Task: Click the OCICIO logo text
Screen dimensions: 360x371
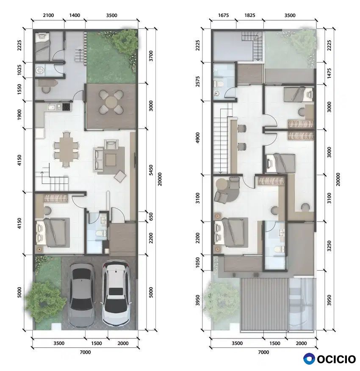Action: (336, 359)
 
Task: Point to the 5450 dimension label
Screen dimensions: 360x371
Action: (151, 170)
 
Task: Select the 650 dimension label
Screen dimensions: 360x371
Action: (151, 217)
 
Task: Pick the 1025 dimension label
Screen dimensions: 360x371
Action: (19, 70)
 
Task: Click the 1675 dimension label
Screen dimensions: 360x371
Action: (223, 15)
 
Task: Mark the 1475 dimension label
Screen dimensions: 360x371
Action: (329, 73)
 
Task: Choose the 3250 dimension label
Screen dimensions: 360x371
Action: (329, 246)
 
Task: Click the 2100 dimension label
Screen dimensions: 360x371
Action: (48, 15)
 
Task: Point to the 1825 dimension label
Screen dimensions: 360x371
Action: (249, 15)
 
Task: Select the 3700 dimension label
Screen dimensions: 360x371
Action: (151, 56)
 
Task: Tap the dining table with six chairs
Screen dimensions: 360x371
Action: (66, 149)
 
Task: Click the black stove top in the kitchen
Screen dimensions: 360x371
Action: (66, 107)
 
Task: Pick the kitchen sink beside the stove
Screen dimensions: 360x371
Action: (51, 107)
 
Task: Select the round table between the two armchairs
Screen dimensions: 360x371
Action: (222, 184)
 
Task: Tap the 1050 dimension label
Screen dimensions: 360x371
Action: (197, 263)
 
